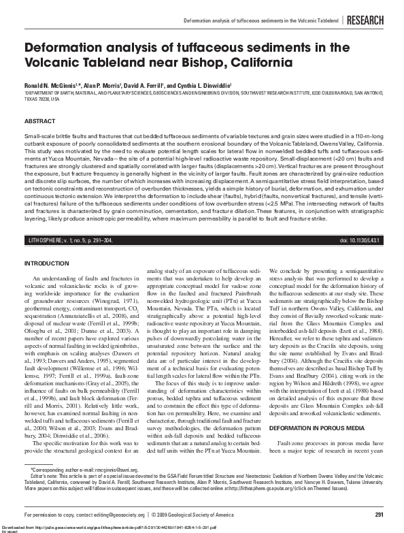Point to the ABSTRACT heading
tap(39, 120)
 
